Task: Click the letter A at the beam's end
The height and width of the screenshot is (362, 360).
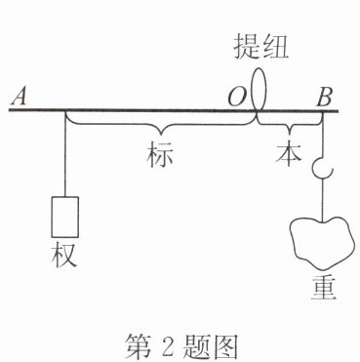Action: coord(20,97)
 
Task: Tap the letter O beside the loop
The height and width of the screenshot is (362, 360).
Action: coord(236,98)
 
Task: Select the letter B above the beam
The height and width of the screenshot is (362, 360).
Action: coord(324,98)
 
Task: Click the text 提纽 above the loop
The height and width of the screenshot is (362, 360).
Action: coord(261,47)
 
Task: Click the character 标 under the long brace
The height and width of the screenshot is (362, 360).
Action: coord(159,155)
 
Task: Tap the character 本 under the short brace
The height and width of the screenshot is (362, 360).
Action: coord(288,154)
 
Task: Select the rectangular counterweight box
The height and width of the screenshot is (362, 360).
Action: coord(64,217)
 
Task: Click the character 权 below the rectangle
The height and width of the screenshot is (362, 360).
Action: coord(64,256)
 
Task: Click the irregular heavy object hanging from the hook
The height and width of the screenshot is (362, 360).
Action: coord(321,243)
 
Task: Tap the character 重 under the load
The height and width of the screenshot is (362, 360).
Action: coord(323,289)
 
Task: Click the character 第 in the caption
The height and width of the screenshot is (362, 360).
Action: coord(137,346)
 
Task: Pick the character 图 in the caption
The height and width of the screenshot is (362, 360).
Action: coord(224,346)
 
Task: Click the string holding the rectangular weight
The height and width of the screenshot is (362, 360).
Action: coord(65,154)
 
